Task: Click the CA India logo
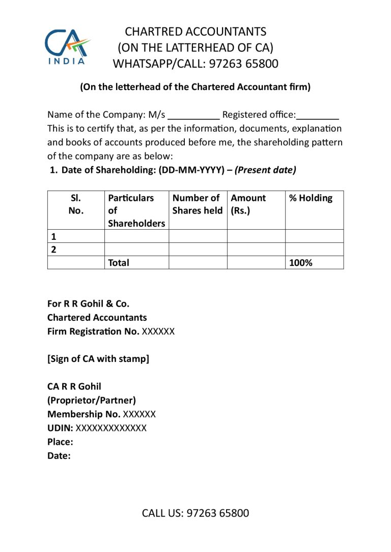[x=68, y=47]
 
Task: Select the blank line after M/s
[x=193, y=114]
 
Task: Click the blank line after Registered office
[x=318, y=114]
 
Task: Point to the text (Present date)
[x=265, y=170]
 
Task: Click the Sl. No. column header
[x=76, y=204]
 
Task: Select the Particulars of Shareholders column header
[x=136, y=210]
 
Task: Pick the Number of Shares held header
[x=198, y=204]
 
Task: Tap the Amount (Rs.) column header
[x=248, y=204]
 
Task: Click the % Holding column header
[x=311, y=198]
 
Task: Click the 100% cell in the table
[x=300, y=263]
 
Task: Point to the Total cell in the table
[x=119, y=263]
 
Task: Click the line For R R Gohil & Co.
[x=88, y=304]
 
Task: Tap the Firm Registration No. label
[x=93, y=331]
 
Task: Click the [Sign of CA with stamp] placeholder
[x=98, y=359]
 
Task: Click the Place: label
[x=60, y=442]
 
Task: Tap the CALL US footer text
[x=195, y=513]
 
